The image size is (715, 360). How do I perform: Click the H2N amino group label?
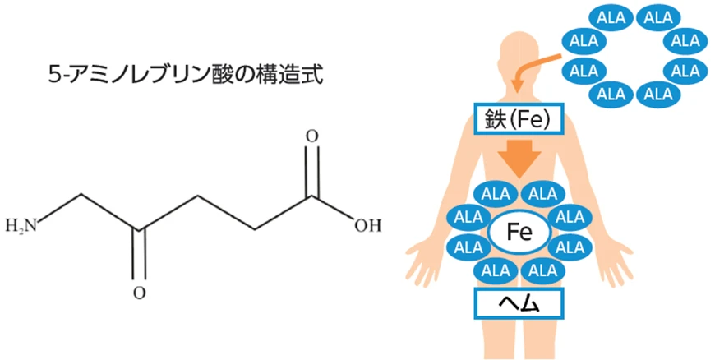click(x=21, y=226)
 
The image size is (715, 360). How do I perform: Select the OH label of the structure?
click(x=367, y=226)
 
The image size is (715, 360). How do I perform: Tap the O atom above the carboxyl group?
click(x=311, y=137)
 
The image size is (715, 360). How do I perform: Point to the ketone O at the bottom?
click(x=140, y=293)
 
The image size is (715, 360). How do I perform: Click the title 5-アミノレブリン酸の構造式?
click(x=186, y=76)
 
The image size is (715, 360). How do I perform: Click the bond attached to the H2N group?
click(x=60, y=209)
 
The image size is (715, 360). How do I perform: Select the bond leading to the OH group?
click(x=334, y=208)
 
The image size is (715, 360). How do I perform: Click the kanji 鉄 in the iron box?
click(x=493, y=119)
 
